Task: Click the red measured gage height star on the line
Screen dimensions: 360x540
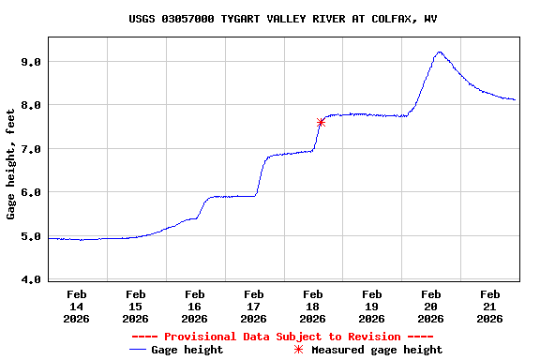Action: click(x=321, y=122)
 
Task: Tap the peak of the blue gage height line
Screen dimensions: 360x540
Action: click(x=438, y=52)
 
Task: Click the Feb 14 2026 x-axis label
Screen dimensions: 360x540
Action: click(x=77, y=306)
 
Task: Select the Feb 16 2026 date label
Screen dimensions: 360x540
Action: click(x=194, y=306)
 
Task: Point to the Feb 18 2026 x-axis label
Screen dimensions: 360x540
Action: click(x=313, y=306)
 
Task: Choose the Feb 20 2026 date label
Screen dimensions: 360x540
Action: click(x=431, y=306)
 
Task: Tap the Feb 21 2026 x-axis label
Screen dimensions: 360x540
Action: click(x=489, y=306)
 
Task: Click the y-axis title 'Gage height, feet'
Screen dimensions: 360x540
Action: click(x=11, y=163)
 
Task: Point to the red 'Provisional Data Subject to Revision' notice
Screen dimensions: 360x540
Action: click(x=282, y=337)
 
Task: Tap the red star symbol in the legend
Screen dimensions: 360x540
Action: click(x=298, y=350)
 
